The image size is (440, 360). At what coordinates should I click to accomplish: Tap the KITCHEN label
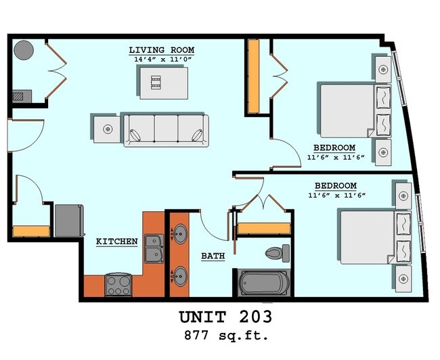pos(116,241)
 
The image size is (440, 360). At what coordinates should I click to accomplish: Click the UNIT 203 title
pos(226,317)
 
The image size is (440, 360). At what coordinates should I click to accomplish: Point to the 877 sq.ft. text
pos(226,335)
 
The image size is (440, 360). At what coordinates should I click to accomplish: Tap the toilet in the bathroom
pos(276,253)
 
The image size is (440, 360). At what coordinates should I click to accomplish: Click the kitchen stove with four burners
pos(119,285)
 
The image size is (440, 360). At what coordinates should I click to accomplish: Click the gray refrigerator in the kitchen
pos(70,220)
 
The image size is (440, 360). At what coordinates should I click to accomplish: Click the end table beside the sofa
pos(106,128)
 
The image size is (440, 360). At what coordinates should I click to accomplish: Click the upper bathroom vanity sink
pos(180,235)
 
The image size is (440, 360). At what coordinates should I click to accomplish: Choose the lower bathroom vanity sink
pos(180,275)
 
